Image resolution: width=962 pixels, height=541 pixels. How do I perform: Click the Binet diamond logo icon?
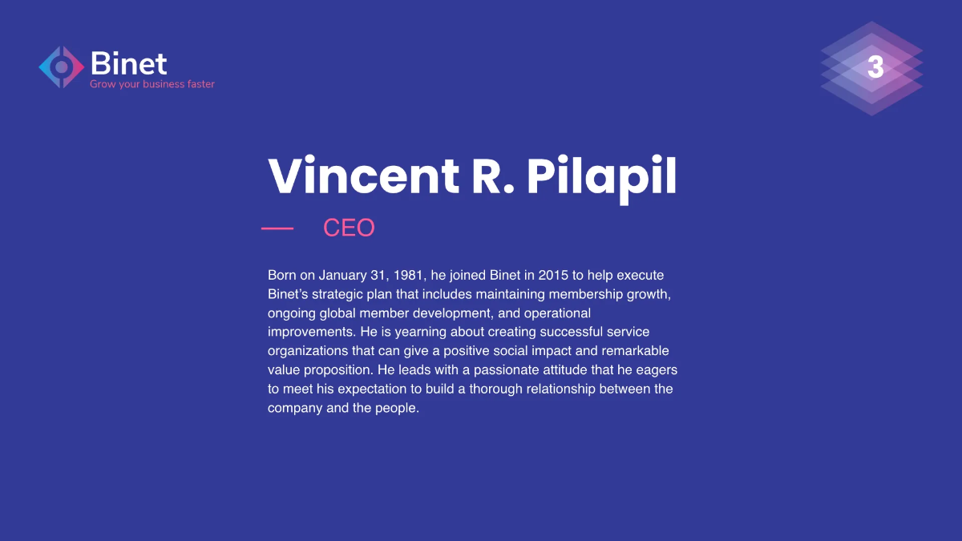coord(62,67)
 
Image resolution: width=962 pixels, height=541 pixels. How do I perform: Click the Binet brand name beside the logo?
coord(128,63)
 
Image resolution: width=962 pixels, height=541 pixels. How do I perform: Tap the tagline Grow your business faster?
coord(152,84)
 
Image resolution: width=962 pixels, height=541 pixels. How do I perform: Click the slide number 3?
coord(875,67)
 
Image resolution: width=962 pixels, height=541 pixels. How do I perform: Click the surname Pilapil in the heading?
coord(601,176)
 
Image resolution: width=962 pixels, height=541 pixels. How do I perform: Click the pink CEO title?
coord(349,228)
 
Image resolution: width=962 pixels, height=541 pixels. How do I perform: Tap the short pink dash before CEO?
coord(277,228)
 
